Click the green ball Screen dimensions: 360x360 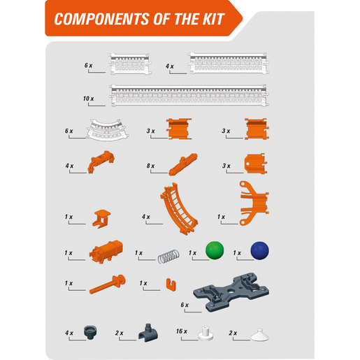click(x=215, y=250)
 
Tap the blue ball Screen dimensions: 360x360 click(x=259, y=250)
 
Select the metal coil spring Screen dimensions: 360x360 click(x=168, y=256)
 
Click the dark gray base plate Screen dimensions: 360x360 click(x=231, y=292)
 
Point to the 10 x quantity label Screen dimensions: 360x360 click(x=89, y=99)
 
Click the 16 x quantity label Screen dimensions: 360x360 click(x=182, y=331)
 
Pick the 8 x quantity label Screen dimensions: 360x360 click(x=150, y=166)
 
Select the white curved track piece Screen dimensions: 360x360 click(x=107, y=130)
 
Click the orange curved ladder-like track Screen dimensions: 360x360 click(x=179, y=208)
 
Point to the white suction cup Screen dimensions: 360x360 click(x=260, y=336)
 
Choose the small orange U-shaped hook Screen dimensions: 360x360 click(x=171, y=285)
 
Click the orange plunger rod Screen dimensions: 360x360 click(x=108, y=284)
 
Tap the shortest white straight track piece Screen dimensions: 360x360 click(x=129, y=64)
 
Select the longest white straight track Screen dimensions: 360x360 click(x=189, y=95)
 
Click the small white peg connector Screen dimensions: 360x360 click(x=206, y=333)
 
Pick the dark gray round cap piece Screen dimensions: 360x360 click(x=90, y=333)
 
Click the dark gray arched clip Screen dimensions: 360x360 click(x=148, y=333)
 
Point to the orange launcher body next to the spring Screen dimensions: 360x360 click(x=106, y=252)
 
